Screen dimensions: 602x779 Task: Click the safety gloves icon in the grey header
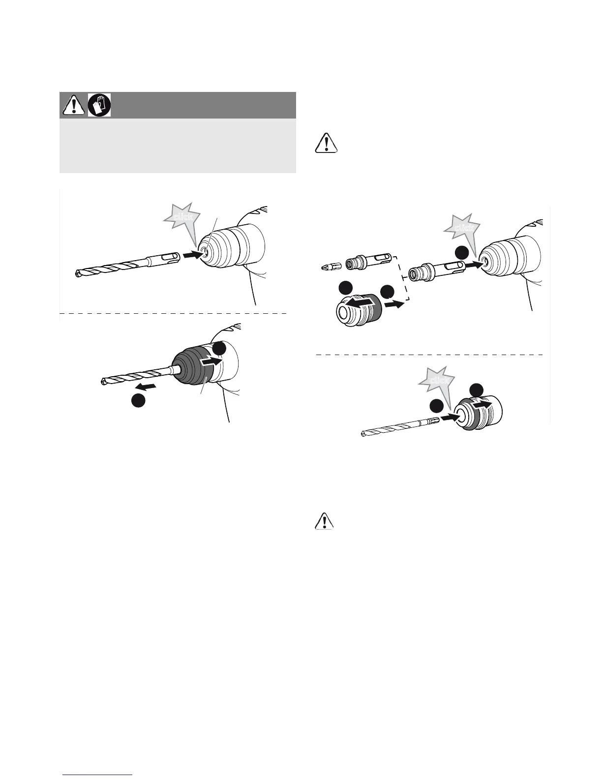99,105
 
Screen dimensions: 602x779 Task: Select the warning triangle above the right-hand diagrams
325,142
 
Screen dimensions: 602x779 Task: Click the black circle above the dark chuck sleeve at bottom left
220,348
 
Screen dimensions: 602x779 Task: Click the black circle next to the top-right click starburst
461,253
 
